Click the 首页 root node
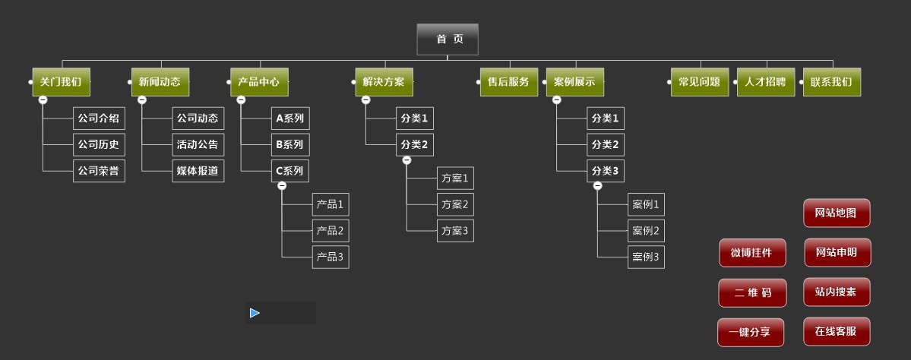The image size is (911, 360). [448, 39]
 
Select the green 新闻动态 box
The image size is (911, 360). [160, 82]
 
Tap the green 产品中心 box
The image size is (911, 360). [259, 82]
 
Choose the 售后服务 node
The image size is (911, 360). [508, 82]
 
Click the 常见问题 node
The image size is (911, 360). [699, 82]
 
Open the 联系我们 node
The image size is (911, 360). [831, 82]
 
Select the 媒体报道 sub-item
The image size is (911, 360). [198, 171]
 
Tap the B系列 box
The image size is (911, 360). [290, 144]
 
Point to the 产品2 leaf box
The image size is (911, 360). [331, 231]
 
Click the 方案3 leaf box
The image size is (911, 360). [455, 231]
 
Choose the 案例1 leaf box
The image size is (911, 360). [646, 204]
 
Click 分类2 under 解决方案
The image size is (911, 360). [415, 144]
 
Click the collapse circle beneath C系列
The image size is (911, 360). [282, 185]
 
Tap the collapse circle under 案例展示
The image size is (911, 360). [556, 99]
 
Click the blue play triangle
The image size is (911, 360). [255, 313]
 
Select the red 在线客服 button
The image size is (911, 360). [837, 332]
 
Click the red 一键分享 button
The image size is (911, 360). [751, 333]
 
